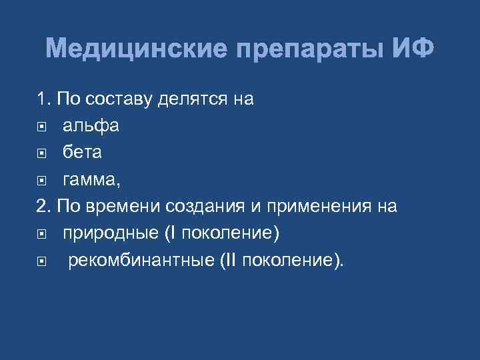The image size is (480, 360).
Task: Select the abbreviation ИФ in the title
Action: pyautogui.click(x=413, y=49)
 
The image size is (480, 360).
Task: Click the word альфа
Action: pyautogui.click(x=91, y=126)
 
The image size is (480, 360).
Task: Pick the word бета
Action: pyautogui.click(x=82, y=153)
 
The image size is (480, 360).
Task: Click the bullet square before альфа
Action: pyautogui.click(x=42, y=127)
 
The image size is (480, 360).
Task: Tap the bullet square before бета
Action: pyautogui.click(x=42, y=153)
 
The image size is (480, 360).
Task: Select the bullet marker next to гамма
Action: pyautogui.click(x=42, y=180)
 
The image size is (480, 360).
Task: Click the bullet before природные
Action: pyautogui.click(x=42, y=235)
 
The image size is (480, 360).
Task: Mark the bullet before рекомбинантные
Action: pyautogui.click(x=42, y=261)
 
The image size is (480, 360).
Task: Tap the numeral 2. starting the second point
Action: pyautogui.click(x=44, y=207)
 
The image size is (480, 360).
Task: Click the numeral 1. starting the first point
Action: pyautogui.click(x=44, y=99)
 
